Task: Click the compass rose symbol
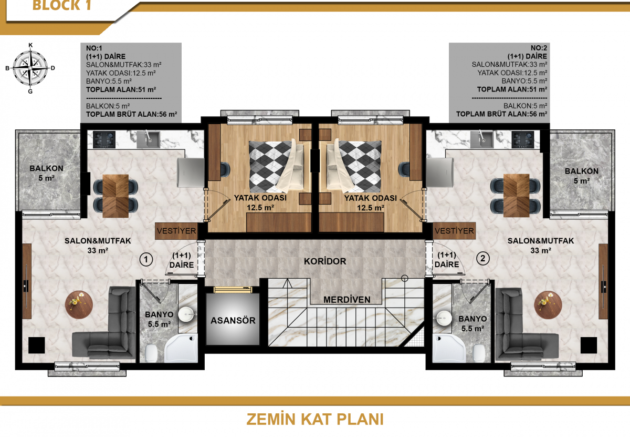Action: (x=30, y=68)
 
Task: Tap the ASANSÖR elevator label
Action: (x=233, y=320)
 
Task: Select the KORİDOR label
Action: (x=325, y=261)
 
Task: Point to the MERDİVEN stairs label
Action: (x=347, y=300)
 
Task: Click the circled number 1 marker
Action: (x=146, y=259)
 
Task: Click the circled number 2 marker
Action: (x=483, y=258)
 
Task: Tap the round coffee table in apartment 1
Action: (x=79, y=305)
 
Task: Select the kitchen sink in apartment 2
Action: (x=482, y=139)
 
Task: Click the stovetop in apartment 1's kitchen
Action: (x=104, y=139)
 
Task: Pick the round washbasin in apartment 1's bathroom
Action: (x=186, y=314)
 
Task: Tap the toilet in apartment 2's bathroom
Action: (x=479, y=353)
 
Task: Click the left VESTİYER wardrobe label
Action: (x=176, y=231)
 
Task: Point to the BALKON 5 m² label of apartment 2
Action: (x=582, y=176)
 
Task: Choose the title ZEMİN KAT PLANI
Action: (x=315, y=419)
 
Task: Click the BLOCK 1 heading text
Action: (x=62, y=5)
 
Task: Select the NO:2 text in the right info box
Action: (x=539, y=48)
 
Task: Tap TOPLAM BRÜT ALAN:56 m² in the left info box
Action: (x=132, y=115)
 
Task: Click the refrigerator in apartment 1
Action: (x=191, y=172)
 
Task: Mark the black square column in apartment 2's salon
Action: (x=589, y=345)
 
